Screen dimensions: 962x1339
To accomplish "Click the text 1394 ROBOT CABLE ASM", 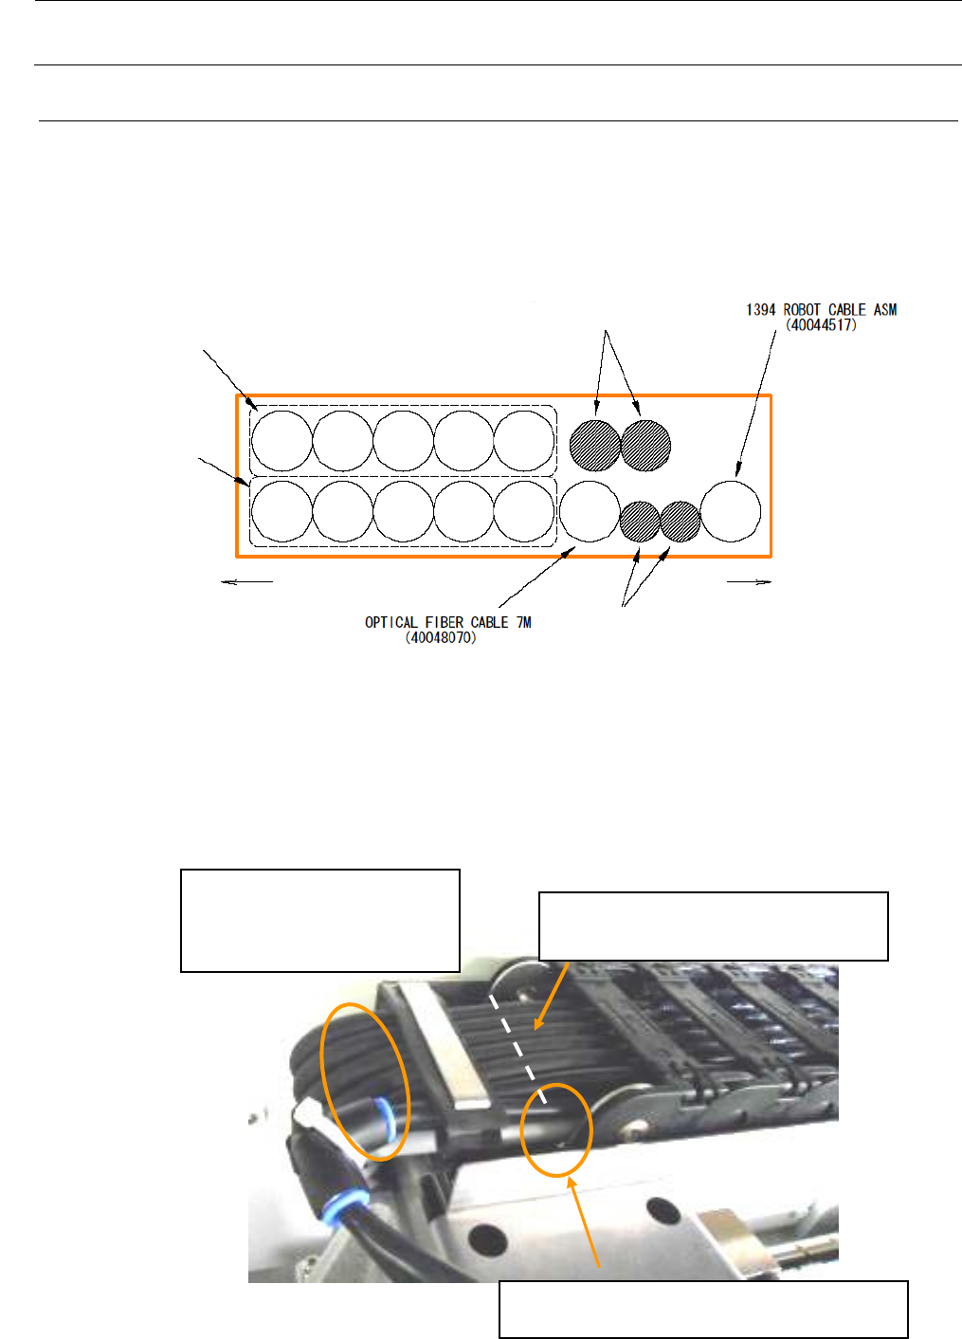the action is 821,310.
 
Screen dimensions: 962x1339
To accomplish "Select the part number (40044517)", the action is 821,325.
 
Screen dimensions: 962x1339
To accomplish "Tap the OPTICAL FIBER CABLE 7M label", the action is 447,622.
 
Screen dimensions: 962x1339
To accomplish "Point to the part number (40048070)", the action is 442,638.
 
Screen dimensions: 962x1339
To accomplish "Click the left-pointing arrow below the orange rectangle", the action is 246,582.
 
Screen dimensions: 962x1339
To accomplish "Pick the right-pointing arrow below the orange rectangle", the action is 750,582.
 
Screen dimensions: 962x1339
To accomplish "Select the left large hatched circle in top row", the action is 595,444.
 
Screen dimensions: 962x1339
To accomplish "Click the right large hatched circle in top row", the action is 645,444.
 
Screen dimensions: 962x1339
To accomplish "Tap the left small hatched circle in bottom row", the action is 640,522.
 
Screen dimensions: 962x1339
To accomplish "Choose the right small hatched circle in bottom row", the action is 680,522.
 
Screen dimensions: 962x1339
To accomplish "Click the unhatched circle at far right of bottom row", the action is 731,511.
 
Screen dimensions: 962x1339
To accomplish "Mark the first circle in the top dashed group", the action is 281,441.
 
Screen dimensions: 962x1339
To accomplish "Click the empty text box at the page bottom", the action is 703,1309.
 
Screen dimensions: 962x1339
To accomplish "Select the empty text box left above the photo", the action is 320,920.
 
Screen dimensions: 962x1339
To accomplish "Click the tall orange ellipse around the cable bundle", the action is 366,1081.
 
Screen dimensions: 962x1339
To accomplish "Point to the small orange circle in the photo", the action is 556,1129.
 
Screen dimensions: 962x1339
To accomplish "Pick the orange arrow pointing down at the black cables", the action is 551,996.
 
